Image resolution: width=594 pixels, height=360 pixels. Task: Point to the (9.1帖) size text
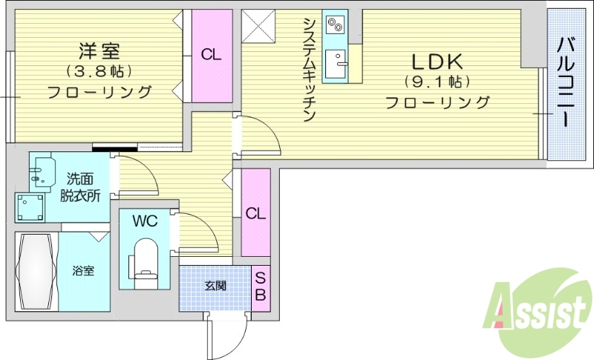tap(437, 82)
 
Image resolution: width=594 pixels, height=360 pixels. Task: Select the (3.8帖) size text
tap(99, 72)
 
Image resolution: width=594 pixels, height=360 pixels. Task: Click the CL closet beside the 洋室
tap(212, 55)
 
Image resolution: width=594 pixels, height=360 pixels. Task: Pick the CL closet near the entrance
tap(255, 213)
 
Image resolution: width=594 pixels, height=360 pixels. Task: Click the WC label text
tap(144, 221)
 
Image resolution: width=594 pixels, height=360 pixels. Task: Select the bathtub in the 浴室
tap(36, 271)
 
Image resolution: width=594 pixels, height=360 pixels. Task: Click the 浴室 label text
tap(83, 271)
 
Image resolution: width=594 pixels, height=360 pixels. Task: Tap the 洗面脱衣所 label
tap(80, 187)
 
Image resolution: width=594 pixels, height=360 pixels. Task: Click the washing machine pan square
tap(29, 207)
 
